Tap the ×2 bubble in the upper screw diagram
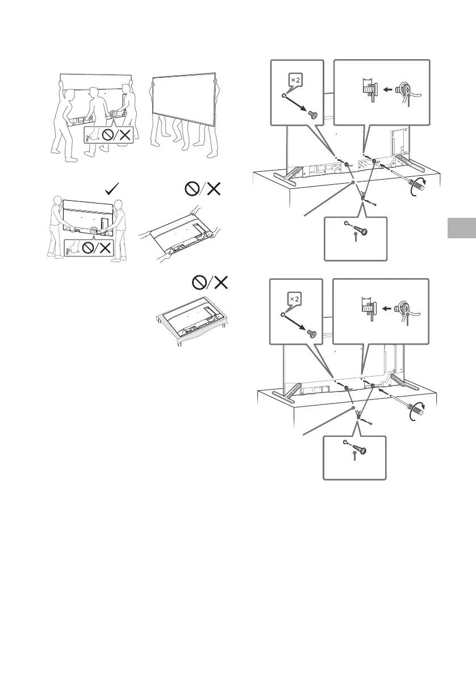[x=295, y=80]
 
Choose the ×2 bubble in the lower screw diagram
[x=295, y=300]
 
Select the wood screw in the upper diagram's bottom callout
[x=361, y=233]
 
